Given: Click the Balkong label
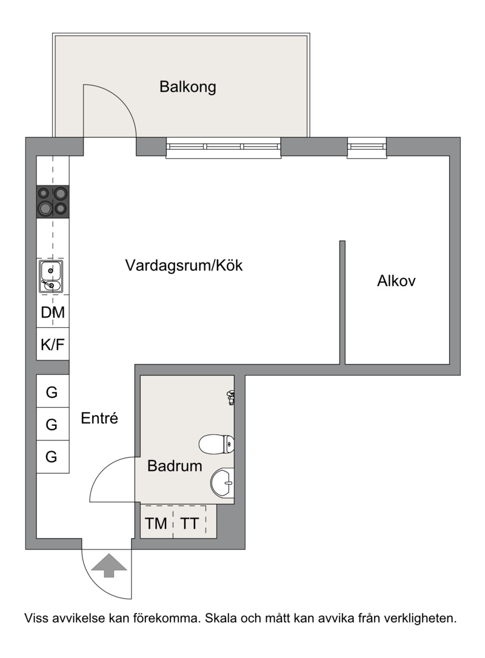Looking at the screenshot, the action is click(x=187, y=87).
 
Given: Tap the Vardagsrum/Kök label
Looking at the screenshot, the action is click(x=184, y=265).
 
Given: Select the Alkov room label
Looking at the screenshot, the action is click(x=396, y=281).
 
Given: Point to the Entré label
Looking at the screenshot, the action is click(x=99, y=418).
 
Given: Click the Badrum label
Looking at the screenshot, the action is click(x=175, y=466).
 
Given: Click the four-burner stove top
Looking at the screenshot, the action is click(x=53, y=201).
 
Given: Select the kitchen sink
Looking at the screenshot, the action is click(x=51, y=276).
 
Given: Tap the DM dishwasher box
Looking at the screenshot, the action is click(x=53, y=312).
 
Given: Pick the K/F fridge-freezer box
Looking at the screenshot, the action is click(x=53, y=344).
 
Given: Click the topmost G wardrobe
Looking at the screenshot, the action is click(x=53, y=391).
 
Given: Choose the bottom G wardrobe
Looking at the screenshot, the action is click(x=53, y=457).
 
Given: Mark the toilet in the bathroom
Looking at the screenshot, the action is click(x=216, y=444).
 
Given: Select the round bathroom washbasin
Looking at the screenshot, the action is click(x=222, y=483).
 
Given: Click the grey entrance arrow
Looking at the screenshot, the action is click(x=109, y=565).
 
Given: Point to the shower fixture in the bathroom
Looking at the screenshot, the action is click(x=230, y=397).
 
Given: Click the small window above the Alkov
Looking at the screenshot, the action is click(x=367, y=147).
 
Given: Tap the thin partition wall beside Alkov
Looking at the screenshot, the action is click(x=343, y=302).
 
